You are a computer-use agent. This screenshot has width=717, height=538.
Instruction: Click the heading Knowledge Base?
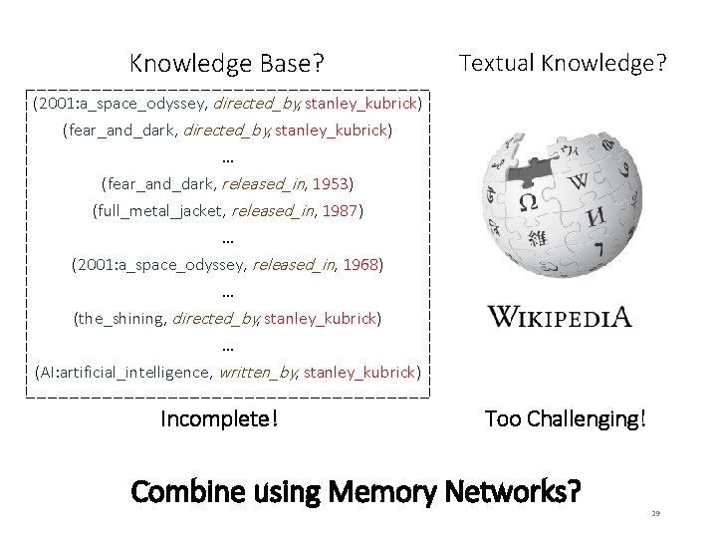pos(227,65)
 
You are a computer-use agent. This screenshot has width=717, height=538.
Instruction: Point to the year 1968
pos(360,265)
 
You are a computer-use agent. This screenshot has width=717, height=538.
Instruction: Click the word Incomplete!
pos(219,418)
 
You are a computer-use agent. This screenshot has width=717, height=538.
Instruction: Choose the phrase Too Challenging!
pos(565,418)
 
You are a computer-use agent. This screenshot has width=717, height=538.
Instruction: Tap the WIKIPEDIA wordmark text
pos(560,318)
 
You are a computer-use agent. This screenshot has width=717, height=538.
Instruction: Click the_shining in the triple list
pos(120,319)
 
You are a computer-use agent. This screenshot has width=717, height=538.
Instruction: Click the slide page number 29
pos(655,512)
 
